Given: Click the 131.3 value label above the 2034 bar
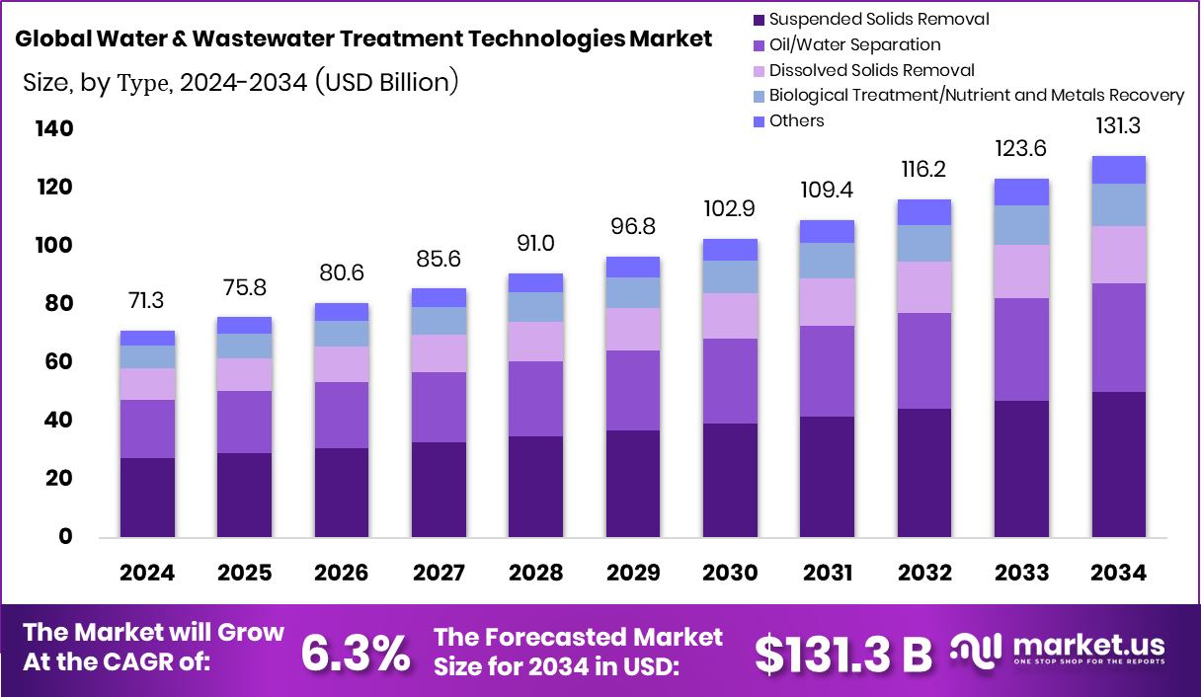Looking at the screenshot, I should click(x=1118, y=126).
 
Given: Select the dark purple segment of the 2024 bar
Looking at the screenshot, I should click(x=147, y=497).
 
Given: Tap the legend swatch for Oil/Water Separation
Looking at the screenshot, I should click(x=758, y=44).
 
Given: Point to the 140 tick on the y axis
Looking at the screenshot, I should click(x=53, y=129).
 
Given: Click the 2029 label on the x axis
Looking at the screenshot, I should click(x=632, y=574).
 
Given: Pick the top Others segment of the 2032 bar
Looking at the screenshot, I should click(x=923, y=212).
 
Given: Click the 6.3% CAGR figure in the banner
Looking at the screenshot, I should click(x=356, y=652).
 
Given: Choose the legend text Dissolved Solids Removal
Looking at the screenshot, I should click(x=871, y=70).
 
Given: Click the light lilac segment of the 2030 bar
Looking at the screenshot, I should click(x=730, y=316).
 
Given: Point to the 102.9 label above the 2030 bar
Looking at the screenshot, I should click(x=730, y=209).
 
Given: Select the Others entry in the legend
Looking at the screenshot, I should click(x=796, y=120).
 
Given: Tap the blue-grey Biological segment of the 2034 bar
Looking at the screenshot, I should click(x=1118, y=204).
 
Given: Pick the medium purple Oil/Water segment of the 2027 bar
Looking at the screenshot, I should click(x=439, y=407).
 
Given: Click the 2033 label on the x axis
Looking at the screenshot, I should click(x=1021, y=574).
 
